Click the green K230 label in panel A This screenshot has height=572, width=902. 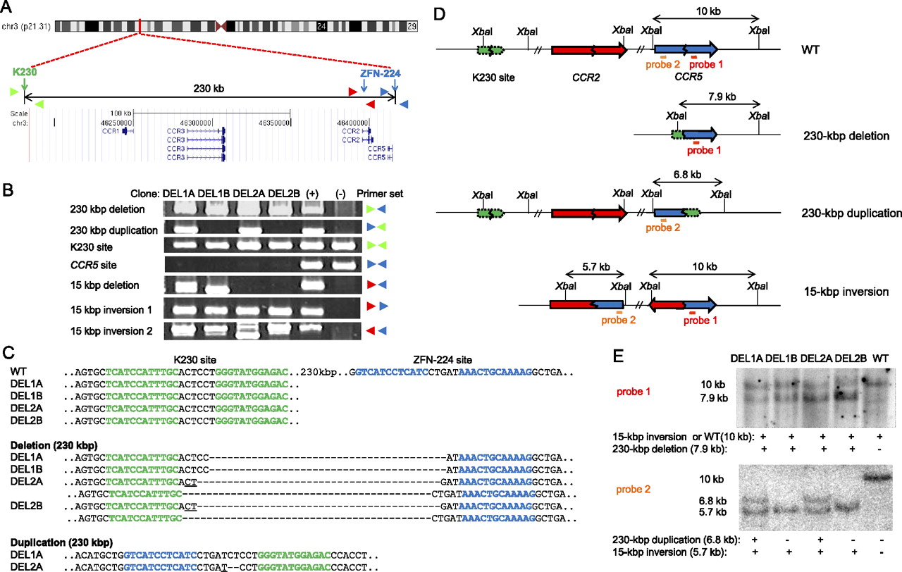click(25, 72)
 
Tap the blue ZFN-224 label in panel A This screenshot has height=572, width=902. click(374, 72)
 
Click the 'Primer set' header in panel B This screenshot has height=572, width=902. click(381, 194)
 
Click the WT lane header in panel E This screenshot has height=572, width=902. click(879, 357)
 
